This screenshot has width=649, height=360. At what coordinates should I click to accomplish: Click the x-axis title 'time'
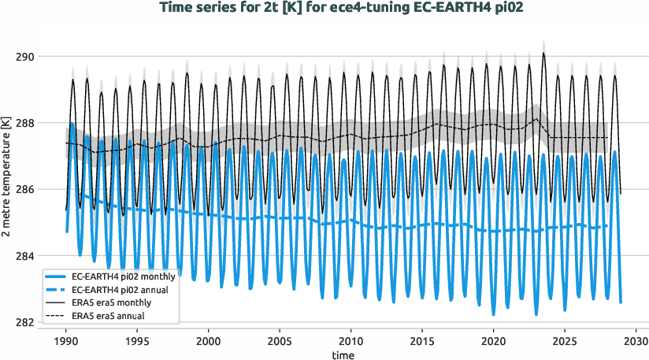click(343, 355)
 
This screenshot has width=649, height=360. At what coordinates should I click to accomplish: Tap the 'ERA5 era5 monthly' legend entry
click(111, 303)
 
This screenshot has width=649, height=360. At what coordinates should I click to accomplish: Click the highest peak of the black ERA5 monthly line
click(543, 53)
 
